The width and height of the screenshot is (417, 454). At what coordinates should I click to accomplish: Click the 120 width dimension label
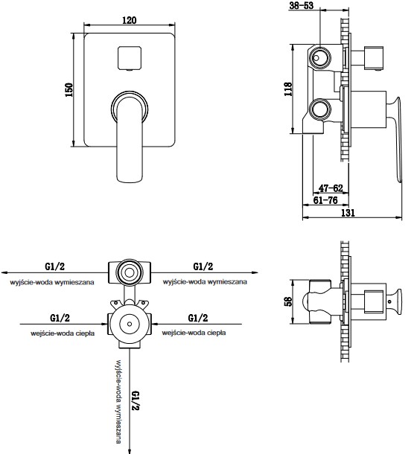click(130, 20)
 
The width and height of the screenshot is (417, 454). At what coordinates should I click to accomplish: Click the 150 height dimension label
click(69, 90)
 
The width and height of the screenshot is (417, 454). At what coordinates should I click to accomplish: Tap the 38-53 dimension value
click(302, 5)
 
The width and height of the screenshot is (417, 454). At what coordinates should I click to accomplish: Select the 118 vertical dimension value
click(288, 89)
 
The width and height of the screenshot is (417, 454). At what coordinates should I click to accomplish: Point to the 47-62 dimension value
click(331, 188)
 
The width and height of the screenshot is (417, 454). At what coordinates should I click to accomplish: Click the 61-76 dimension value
click(325, 200)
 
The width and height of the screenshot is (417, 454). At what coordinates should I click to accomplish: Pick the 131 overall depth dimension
click(348, 213)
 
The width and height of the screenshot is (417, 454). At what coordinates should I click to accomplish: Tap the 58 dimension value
click(289, 301)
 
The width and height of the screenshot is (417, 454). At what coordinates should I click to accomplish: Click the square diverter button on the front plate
click(130, 58)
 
